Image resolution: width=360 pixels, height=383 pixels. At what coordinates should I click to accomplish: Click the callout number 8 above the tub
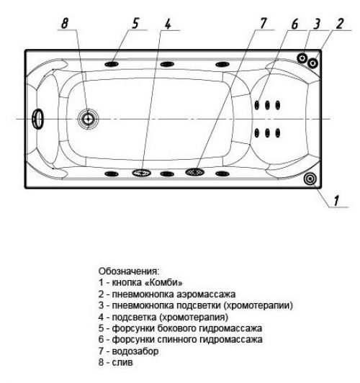(x=65, y=24)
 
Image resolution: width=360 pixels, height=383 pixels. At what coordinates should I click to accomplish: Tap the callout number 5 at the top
(x=135, y=24)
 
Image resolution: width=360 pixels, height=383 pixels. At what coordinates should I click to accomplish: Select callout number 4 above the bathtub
(x=168, y=24)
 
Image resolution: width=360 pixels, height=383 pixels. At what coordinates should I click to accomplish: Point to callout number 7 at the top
(x=263, y=24)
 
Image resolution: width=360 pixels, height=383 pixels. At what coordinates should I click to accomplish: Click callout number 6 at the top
(x=295, y=24)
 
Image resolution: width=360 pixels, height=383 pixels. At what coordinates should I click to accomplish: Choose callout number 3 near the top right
(x=317, y=24)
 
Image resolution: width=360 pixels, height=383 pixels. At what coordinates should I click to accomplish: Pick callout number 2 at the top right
(x=340, y=24)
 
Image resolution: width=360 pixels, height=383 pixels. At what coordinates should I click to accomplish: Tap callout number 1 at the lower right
(x=336, y=201)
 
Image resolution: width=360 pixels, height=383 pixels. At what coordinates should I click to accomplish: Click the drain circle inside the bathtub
(x=88, y=119)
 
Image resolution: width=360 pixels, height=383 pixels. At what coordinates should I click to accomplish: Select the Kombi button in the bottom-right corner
(x=310, y=179)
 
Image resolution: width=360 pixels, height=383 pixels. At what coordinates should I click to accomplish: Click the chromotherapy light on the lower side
(x=142, y=173)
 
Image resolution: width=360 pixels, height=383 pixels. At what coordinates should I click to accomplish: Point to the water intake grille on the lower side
(x=194, y=172)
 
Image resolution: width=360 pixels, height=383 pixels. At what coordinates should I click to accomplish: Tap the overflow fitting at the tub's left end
(x=37, y=119)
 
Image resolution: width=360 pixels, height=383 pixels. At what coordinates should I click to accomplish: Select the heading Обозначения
(x=129, y=271)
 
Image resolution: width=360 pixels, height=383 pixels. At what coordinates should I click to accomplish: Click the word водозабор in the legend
(x=135, y=351)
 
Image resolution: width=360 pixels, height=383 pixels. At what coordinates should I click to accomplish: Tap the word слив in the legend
(x=122, y=362)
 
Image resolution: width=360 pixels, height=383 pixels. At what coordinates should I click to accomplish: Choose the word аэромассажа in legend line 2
(x=206, y=294)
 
